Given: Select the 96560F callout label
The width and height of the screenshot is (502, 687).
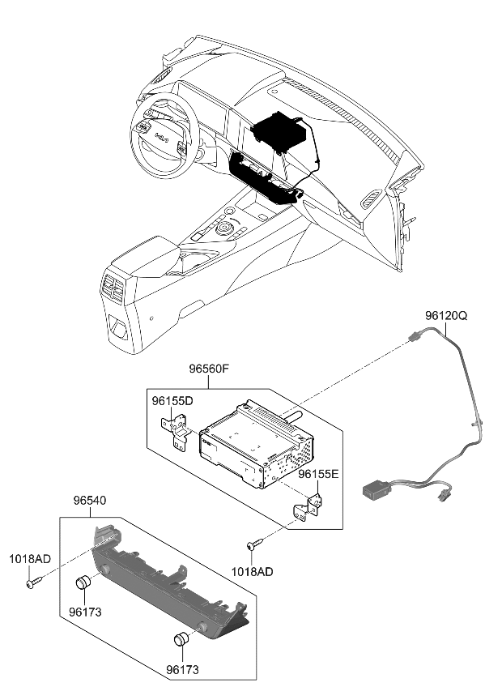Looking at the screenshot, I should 210,369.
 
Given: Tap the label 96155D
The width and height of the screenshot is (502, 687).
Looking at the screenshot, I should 172,401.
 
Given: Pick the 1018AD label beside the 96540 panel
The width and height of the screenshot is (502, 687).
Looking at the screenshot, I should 30,558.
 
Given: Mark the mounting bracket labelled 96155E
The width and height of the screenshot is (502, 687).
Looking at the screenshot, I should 309,506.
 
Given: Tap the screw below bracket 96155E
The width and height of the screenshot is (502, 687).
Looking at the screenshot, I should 254,547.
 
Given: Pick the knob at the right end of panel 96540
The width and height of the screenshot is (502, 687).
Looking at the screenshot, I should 183,638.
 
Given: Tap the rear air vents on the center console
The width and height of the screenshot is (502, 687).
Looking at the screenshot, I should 114,287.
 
